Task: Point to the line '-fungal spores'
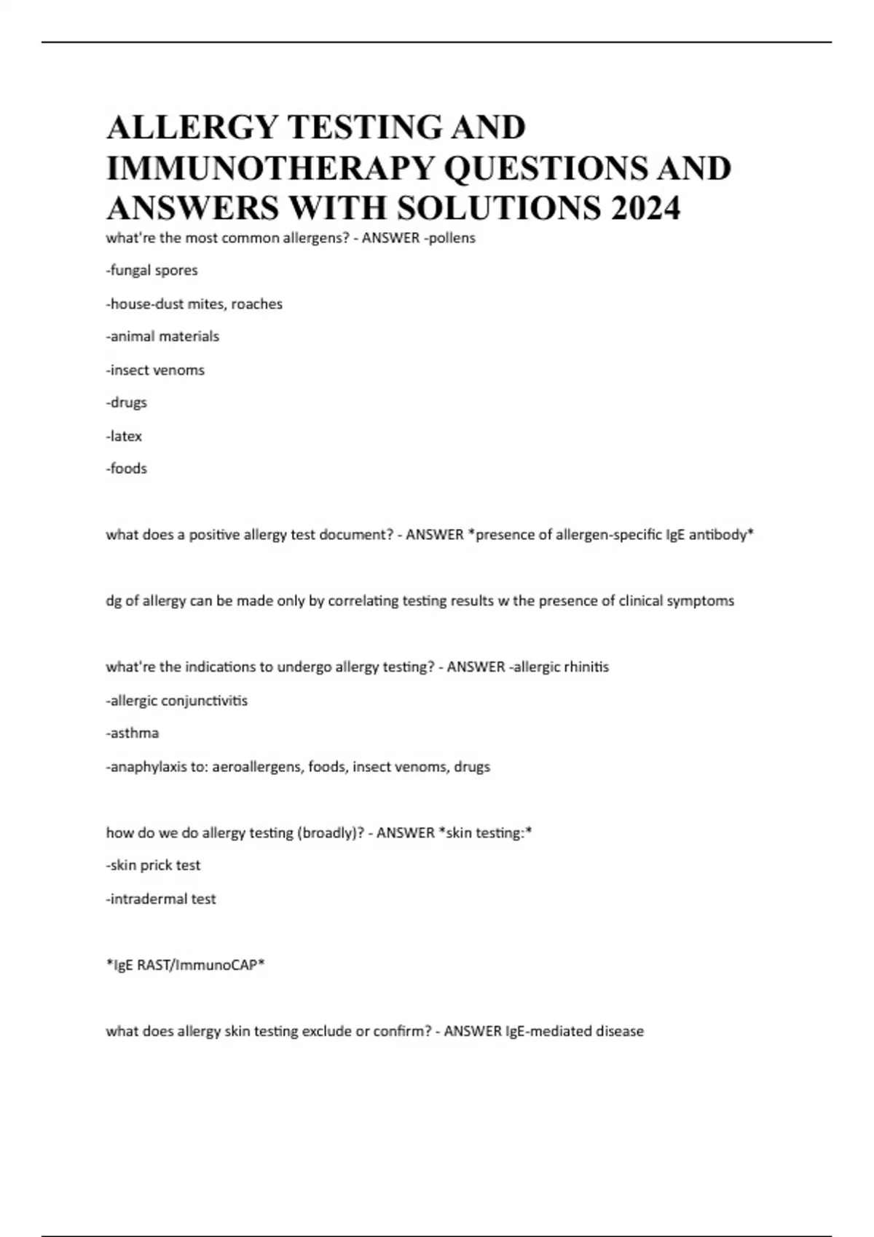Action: [x=151, y=270]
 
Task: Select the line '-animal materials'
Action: [x=162, y=336]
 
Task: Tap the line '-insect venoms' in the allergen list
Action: [x=155, y=370]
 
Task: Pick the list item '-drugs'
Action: [x=127, y=402]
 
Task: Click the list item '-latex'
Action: [x=124, y=436]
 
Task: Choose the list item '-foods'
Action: [x=127, y=469]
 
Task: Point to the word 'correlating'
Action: [x=363, y=601]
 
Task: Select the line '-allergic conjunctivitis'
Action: [x=177, y=701]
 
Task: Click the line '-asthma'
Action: [x=133, y=733]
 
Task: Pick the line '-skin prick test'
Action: [x=153, y=865]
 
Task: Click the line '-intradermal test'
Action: [x=161, y=899]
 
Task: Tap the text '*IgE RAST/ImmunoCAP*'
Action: [x=185, y=965]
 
